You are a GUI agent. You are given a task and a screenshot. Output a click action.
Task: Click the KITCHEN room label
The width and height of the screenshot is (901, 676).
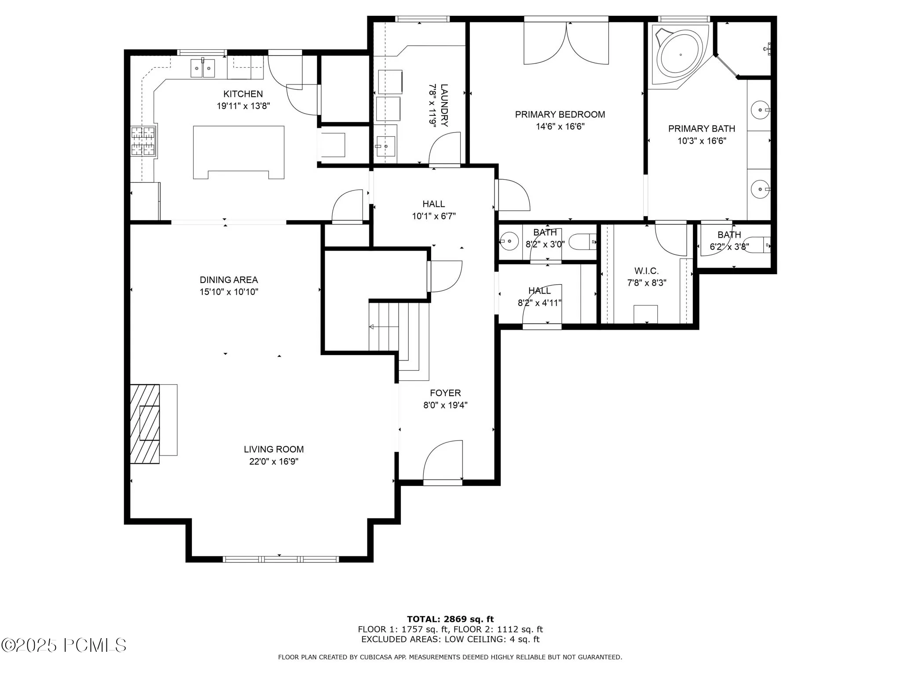243,94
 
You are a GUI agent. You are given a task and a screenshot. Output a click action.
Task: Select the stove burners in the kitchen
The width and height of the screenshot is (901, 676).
143,140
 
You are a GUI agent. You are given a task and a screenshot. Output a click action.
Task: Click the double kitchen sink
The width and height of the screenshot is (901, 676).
202,68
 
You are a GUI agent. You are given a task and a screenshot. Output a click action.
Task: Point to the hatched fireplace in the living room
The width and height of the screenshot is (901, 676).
145,424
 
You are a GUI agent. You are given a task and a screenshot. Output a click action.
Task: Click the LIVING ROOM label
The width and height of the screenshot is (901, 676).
274,449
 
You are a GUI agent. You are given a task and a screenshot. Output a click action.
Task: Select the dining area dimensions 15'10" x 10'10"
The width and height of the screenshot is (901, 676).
229,292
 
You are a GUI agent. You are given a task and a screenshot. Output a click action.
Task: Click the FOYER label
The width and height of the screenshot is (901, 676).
445,393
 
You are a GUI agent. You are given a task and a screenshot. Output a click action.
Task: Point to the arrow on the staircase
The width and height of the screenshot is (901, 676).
384,327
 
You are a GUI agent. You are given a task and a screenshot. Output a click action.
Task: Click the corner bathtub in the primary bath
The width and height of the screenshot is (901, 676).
680,54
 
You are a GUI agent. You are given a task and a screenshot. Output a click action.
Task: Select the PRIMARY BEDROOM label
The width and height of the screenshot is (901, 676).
560,114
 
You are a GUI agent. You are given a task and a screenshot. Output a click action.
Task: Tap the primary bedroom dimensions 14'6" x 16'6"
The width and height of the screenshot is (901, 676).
560,127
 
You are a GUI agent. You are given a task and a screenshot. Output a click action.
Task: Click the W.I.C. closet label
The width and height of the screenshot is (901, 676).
646,271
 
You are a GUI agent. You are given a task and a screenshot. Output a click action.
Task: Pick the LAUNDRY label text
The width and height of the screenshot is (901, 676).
444,105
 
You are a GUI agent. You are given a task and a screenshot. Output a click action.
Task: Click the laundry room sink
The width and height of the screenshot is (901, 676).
385,140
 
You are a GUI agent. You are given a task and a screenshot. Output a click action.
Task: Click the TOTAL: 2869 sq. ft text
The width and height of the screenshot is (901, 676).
450,619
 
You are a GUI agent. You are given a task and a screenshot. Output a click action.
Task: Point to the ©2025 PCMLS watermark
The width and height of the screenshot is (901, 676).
64,645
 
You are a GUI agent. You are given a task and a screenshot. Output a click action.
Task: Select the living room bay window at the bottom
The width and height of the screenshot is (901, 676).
281,559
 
